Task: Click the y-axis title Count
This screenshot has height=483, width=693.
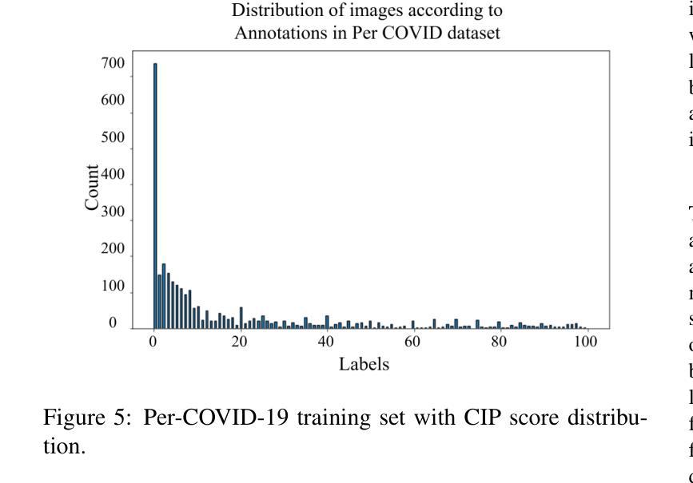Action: [x=93, y=188]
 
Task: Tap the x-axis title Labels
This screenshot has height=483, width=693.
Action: [x=363, y=365]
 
